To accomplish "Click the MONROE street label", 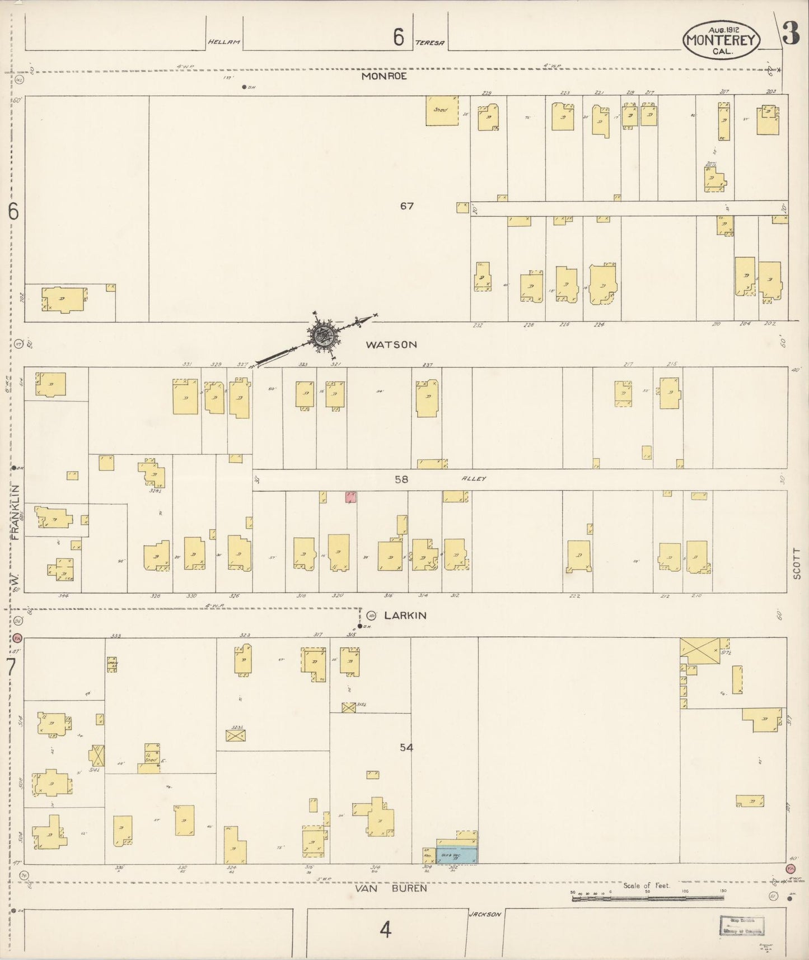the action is point(384,76).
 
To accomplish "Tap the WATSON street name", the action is point(391,345).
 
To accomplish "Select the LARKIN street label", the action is point(405,616).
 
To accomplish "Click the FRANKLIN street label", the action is point(16,512).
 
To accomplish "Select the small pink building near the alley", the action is point(351,497).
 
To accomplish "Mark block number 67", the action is point(407,206).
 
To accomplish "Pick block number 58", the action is point(401,479).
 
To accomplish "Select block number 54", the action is point(406,748).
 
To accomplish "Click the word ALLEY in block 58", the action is point(474,479).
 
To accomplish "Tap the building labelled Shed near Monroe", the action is point(442,110).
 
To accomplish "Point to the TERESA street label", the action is point(430,43).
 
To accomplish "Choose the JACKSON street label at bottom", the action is point(485,915).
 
